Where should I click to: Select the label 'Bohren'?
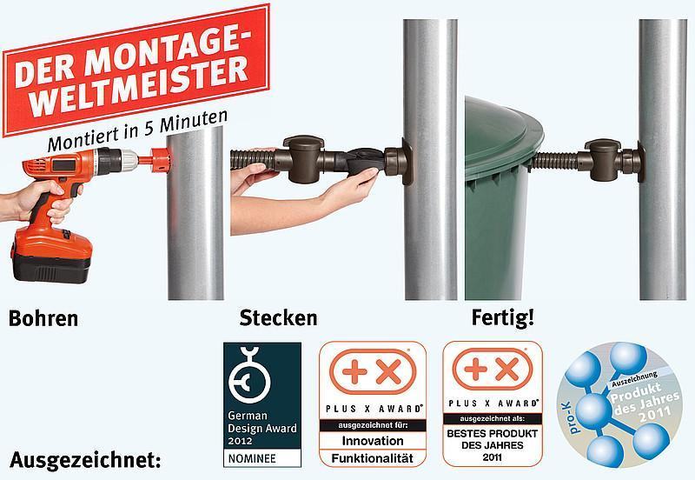point(43,318)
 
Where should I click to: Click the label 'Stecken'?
point(278,318)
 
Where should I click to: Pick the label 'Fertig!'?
point(503,318)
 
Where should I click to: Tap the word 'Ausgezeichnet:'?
point(85,460)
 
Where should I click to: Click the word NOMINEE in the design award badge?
point(252,458)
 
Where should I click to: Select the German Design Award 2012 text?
point(262,428)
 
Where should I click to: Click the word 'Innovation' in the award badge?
point(373,441)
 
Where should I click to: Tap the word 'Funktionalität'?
point(373,457)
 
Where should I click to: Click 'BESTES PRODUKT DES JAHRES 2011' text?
point(492,445)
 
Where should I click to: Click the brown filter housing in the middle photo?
point(304,159)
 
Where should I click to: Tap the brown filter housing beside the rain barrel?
point(602,160)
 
